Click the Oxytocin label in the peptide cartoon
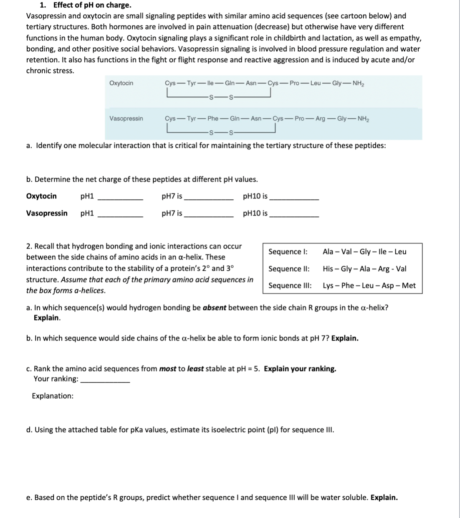121,83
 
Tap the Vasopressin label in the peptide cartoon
126,119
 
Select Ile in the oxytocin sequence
212,83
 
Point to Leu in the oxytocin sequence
315,83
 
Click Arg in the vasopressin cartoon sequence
320,119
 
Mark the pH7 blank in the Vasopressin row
209,216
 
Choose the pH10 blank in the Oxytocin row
294,199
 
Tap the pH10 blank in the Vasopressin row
294,216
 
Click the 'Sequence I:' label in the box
288,252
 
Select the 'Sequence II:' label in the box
289,269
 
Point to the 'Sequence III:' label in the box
290,286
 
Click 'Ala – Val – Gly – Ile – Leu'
364,252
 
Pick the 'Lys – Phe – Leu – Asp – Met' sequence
369,286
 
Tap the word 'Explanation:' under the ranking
53,396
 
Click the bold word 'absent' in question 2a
215,308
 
